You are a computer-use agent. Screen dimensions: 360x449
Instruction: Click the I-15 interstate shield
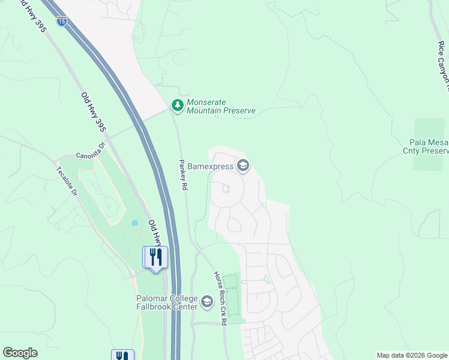pyautogui.click(x=62, y=21)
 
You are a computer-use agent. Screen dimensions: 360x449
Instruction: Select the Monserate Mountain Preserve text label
pyautogui.click(x=221, y=106)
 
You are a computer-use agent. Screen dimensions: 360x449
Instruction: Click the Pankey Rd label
pyautogui.click(x=183, y=175)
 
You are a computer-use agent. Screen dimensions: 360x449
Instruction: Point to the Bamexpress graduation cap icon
pyautogui.click(x=243, y=166)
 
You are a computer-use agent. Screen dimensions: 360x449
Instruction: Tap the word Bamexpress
pyautogui.click(x=210, y=166)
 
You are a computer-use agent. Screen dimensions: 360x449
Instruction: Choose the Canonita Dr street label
pyautogui.click(x=91, y=151)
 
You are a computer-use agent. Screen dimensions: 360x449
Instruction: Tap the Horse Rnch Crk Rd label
pyautogui.click(x=219, y=298)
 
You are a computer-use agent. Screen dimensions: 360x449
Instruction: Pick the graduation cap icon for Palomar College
pyautogui.click(x=207, y=302)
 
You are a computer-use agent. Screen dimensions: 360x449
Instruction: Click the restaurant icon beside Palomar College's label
pyautogui.click(x=155, y=257)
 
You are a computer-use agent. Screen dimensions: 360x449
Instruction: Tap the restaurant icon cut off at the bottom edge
pyautogui.click(x=122, y=355)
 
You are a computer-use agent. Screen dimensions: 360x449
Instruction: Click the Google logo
pyautogui.click(x=20, y=353)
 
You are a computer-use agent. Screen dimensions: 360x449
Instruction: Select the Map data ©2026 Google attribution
pyautogui.click(x=412, y=355)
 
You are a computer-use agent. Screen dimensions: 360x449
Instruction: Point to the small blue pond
pyautogui.click(x=134, y=223)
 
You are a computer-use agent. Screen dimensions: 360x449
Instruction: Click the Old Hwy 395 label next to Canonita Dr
pyautogui.click(x=93, y=112)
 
